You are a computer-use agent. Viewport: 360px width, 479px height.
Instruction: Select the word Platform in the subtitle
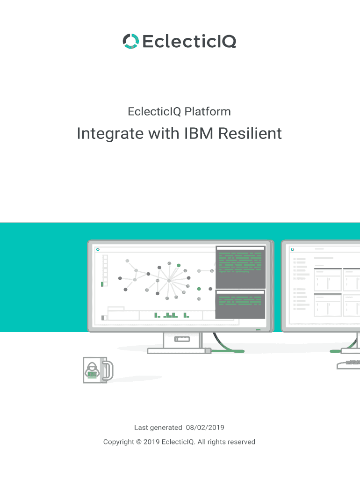pyautogui.click(x=207, y=111)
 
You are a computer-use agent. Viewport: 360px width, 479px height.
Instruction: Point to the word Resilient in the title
pyautogui.click(x=250, y=134)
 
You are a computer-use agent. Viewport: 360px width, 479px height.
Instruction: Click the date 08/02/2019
pyautogui.click(x=205, y=427)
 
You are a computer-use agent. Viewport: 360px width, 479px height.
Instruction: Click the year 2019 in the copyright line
pyautogui.click(x=151, y=442)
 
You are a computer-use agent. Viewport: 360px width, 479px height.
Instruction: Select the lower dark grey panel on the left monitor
pyautogui.click(x=240, y=305)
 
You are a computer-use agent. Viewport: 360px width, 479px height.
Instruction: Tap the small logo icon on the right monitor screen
pyautogui.click(x=293, y=250)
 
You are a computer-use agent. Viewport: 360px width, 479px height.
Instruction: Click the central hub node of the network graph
pyautogui.click(x=169, y=280)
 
